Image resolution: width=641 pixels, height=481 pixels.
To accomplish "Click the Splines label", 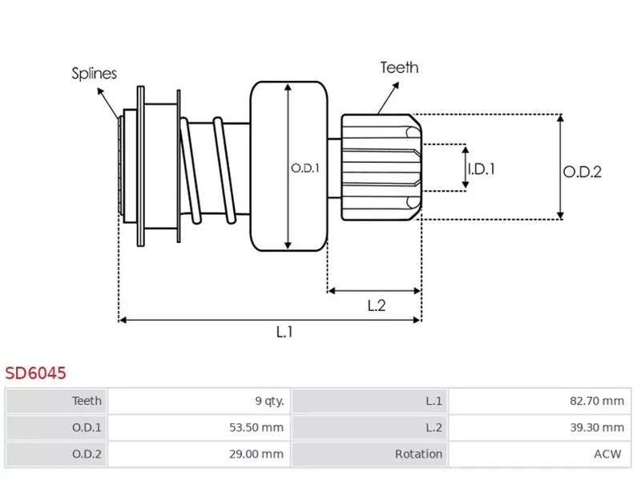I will click(x=94, y=74).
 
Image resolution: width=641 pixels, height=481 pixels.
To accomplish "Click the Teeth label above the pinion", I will click(x=399, y=67).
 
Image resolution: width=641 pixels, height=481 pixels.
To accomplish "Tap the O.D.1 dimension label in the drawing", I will click(x=304, y=168).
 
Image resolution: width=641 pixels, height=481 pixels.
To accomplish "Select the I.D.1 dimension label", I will click(x=481, y=168).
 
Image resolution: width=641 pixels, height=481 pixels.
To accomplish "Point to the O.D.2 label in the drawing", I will click(x=582, y=171).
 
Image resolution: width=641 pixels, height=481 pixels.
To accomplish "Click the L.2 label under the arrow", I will click(x=377, y=305).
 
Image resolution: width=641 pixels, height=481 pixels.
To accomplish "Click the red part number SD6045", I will click(x=35, y=373).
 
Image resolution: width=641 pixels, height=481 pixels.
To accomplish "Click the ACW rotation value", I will click(x=608, y=454).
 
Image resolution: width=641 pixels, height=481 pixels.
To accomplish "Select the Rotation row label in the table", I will click(x=418, y=454).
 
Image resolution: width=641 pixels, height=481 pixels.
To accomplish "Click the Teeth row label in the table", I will click(x=87, y=401).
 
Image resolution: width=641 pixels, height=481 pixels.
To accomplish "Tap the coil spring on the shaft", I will click(x=206, y=170).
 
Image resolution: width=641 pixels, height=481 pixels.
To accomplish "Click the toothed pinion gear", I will click(x=381, y=166).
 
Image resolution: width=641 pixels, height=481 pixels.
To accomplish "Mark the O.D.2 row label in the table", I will click(x=87, y=454).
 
